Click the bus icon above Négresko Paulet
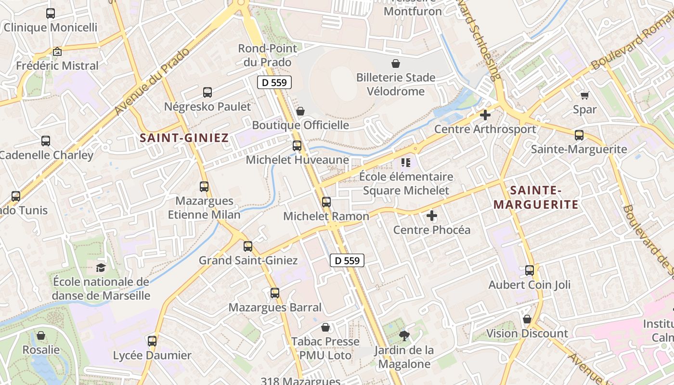pos(207,92)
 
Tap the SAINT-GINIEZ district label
pos(184,138)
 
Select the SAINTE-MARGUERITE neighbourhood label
pos(536,197)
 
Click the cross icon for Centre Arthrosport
pos(485,115)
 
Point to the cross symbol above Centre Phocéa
pos(432,216)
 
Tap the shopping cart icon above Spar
pos(585,95)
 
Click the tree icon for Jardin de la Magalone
pos(404,336)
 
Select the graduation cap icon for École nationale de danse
pos(101,268)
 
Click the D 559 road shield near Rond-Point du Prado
pos(274,82)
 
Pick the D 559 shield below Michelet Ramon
pos(347,260)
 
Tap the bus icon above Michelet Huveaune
pos(297,145)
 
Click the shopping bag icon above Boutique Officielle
pos(300,111)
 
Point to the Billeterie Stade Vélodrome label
pos(396,84)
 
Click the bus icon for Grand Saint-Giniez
pos(248,246)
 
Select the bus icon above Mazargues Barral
pos(275,293)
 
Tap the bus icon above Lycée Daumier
pos(152,341)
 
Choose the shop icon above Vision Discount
pos(527,319)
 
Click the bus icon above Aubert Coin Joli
pos(530,270)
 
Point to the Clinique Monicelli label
pos(51,27)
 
